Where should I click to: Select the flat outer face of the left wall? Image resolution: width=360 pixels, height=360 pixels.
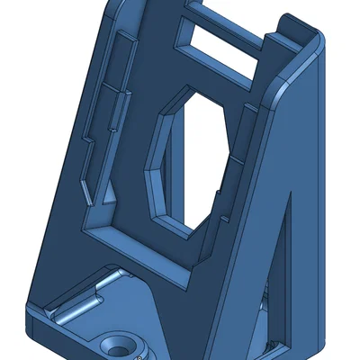point(67,180)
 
